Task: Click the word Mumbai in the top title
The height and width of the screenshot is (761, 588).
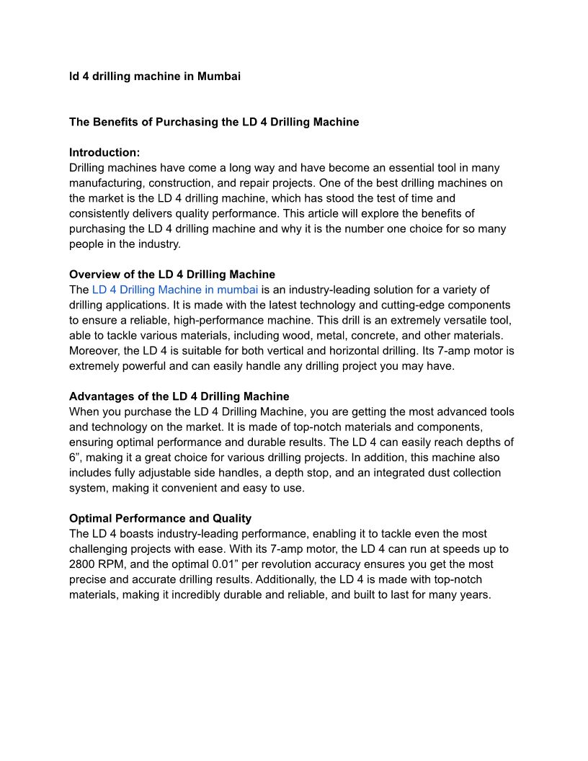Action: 218,76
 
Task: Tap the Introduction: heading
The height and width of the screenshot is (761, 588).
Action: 104,152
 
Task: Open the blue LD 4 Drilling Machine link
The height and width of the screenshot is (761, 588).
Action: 175,290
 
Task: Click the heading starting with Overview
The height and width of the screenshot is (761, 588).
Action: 172,275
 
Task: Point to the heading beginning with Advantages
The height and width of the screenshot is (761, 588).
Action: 179,396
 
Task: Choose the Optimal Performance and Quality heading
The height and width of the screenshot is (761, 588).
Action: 160,518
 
